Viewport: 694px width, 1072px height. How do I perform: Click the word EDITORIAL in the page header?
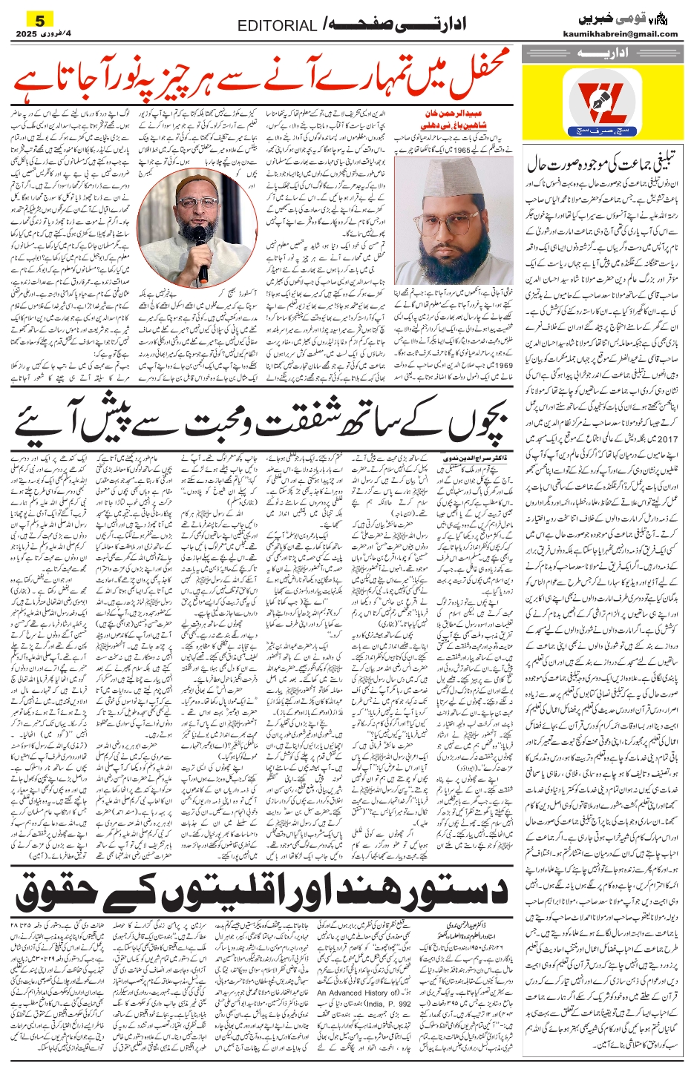pyautogui.click(x=277, y=26)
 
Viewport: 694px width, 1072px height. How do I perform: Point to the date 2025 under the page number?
pyautogui.click(x=28, y=34)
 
